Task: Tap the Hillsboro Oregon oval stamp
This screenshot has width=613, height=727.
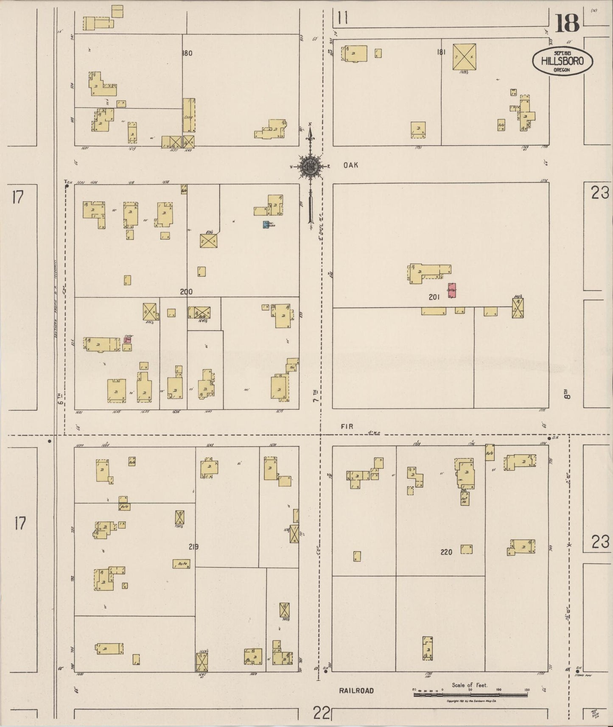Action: (562, 62)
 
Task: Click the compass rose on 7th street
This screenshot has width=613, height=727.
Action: (312, 167)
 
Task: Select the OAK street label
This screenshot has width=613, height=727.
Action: (351, 165)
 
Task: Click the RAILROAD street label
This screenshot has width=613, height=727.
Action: (356, 691)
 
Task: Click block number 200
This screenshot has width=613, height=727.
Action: (186, 292)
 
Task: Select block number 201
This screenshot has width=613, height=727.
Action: (434, 297)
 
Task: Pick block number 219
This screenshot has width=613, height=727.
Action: (194, 547)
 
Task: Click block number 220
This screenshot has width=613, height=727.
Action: (446, 552)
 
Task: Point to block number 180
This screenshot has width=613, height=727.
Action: (187, 53)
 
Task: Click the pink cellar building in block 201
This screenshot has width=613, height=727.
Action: (452, 290)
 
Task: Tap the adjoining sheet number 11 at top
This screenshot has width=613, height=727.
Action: (343, 18)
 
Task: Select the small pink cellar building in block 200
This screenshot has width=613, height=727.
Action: (128, 339)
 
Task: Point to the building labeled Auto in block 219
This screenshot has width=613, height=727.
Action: (181, 564)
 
